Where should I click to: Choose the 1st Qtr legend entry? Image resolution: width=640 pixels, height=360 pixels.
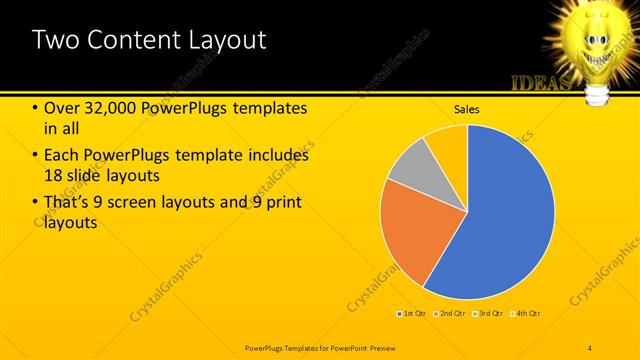click(x=413, y=314)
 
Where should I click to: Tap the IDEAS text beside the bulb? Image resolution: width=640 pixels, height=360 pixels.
click(x=540, y=82)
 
